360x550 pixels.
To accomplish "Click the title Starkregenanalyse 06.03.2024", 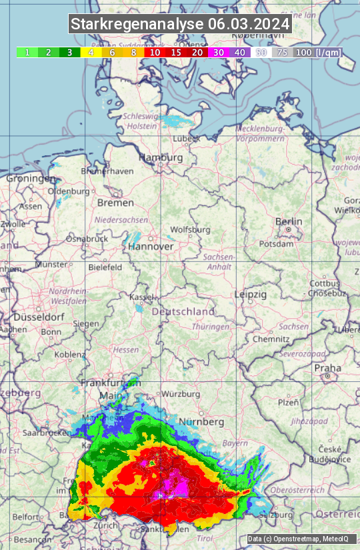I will [180, 25].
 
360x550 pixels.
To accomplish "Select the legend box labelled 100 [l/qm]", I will [317, 52].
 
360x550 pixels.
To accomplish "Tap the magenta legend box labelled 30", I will [219, 52].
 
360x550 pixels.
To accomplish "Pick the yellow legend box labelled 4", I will [91, 52].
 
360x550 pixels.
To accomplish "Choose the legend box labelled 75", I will [282, 52].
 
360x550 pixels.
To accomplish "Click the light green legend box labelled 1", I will [27, 52].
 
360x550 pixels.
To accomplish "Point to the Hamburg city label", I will [160, 158].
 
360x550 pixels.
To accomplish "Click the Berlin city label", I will [289, 222].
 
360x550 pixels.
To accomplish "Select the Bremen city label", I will [115, 203].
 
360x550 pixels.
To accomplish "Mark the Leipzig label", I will [251, 294].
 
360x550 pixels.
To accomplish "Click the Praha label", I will [327, 367].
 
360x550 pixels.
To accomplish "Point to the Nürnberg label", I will [201, 422].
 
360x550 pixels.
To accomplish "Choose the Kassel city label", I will [141, 297].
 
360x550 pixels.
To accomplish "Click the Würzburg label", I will [181, 394].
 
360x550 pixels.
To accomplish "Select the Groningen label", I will [31, 179].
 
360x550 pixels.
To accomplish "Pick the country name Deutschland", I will [183, 311].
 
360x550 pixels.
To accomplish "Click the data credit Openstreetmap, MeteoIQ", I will [292, 539].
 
